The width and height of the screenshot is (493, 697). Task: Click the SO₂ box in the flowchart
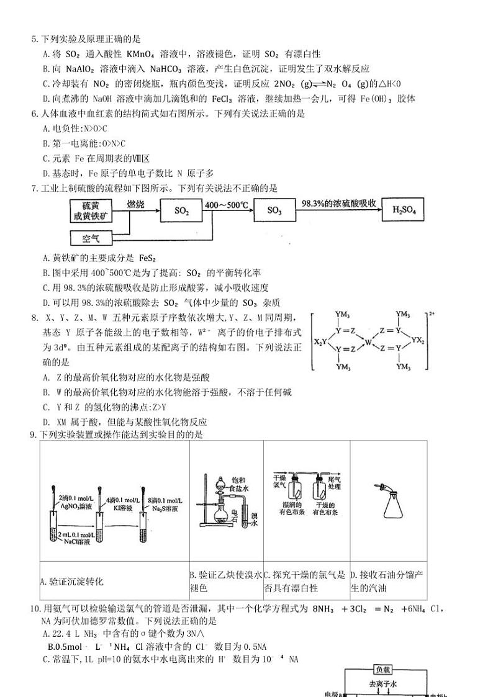pos(181,211)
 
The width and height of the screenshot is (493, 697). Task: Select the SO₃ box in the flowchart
pos(274,211)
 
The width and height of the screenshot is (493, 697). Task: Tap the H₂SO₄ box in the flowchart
pos(404,211)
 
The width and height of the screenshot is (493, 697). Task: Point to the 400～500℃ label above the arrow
pos(228,204)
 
